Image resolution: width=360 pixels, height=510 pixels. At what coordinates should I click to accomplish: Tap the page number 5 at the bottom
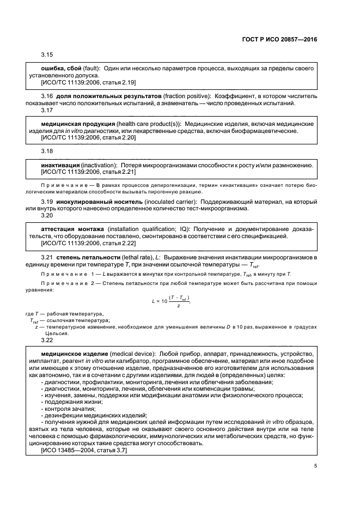coord(315,465)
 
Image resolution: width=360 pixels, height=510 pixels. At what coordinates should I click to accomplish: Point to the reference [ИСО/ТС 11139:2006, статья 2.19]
coord(89,82)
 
